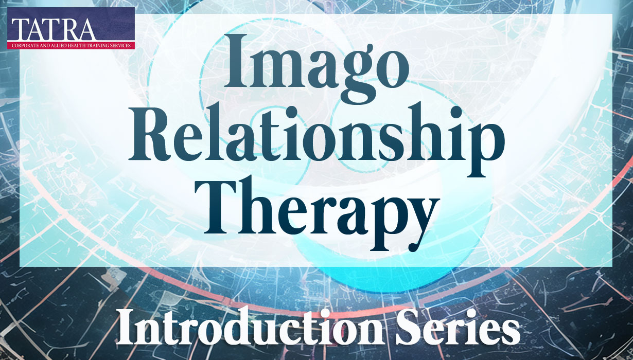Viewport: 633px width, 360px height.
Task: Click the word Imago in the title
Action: point(316,65)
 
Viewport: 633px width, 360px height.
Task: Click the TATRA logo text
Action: point(52,29)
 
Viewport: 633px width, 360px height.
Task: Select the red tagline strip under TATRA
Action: point(71,45)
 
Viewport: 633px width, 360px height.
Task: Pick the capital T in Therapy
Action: point(225,206)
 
